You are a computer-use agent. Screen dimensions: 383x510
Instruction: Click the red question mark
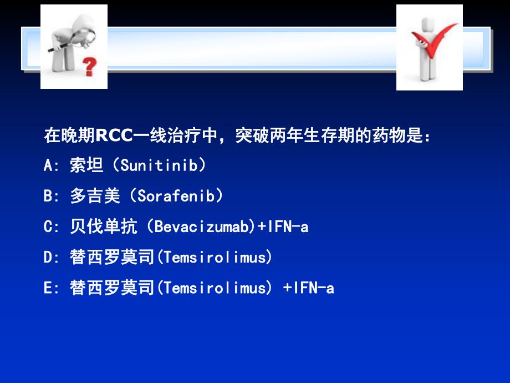(89, 67)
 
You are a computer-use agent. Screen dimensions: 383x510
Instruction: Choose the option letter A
(48, 165)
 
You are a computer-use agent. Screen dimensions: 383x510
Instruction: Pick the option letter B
(48, 195)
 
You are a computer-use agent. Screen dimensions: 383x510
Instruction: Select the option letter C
(48, 226)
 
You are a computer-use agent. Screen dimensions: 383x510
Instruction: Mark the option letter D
(48, 257)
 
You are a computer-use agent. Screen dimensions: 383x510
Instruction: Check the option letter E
(48, 288)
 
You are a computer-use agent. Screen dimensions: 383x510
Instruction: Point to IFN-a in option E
(314, 288)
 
